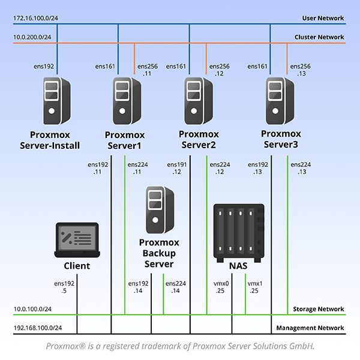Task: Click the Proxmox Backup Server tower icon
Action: pos(159,210)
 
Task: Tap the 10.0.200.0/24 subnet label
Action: pos(32,38)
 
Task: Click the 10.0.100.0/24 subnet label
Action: pos(32,309)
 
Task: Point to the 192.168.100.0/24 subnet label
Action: pos(37,328)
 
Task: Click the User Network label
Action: pos(324,19)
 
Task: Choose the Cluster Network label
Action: pos(320,37)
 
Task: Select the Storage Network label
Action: pos(320,310)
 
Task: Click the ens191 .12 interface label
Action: pos(176,168)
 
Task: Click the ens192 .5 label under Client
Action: pos(64,287)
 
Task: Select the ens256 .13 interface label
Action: pos(301,70)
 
